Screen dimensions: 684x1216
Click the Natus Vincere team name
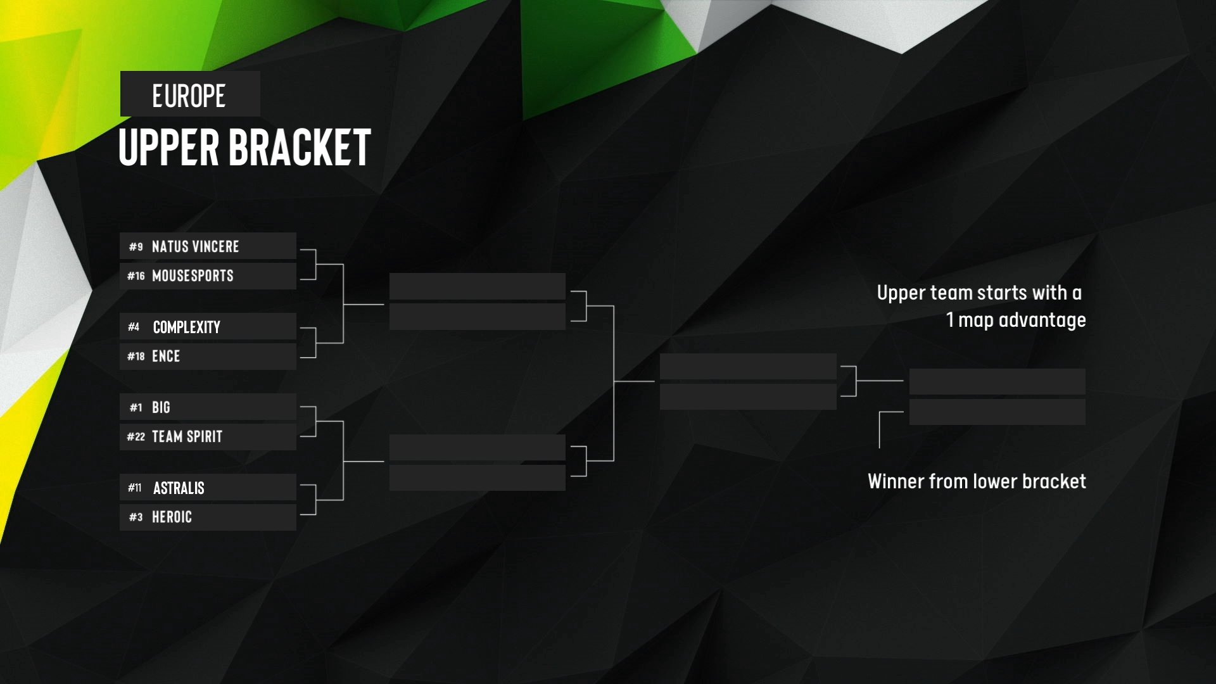[x=195, y=246]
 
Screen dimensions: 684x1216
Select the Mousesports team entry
[x=193, y=275]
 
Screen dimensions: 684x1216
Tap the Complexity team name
[x=187, y=327]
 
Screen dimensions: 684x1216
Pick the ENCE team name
[x=166, y=356]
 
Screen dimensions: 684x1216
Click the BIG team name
[x=161, y=407]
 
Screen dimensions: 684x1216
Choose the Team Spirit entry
[x=187, y=436]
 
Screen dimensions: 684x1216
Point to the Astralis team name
[x=179, y=488]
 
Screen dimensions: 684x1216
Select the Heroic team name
[x=172, y=517]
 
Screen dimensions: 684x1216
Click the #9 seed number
[x=136, y=246]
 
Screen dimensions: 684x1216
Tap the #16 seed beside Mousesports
[x=136, y=275]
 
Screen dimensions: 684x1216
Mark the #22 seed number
[x=136, y=436]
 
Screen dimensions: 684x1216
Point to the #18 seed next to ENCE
[x=136, y=356]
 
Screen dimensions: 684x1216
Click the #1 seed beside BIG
[x=136, y=407]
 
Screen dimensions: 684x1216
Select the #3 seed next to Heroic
[x=136, y=517]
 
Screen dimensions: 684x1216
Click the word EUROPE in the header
[x=189, y=96]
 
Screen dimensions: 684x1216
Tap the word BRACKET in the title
[x=299, y=147]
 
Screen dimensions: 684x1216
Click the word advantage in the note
[x=1042, y=320]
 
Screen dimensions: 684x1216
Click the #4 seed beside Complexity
[x=134, y=327]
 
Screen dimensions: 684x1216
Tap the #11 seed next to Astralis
[x=134, y=488]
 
